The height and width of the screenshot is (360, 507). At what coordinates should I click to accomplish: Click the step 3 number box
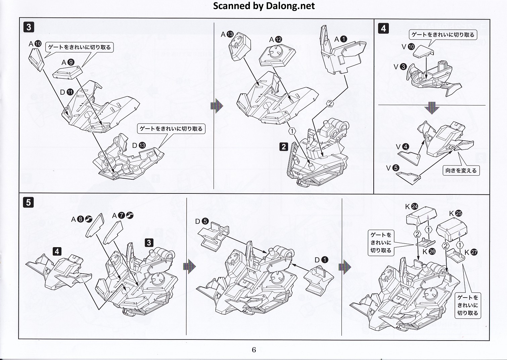pyautogui.click(x=29, y=27)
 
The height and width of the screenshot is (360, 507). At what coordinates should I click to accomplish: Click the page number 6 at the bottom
pyautogui.click(x=254, y=350)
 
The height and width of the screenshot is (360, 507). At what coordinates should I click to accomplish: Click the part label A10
pyautogui.click(x=35, y=44)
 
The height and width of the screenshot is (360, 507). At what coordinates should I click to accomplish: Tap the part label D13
pyautogui.click(x=139, y=145)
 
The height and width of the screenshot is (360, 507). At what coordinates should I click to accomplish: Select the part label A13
pyautogui.click(x=227, y=34)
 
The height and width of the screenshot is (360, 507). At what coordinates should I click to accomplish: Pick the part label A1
pyautogui.click(x=340, y=39)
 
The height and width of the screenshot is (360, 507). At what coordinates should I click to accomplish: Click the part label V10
pyautogui.click(x=408, y=47)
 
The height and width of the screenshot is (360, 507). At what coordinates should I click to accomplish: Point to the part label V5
pyautogui.click(x=392, y=168)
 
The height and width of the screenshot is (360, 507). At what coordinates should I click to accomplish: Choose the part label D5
pyautogui.click(x=202, y=221)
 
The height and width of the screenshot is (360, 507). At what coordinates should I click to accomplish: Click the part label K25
pyautogui.click(x=455, y=213)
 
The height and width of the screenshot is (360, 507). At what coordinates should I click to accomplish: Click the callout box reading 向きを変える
pyautogui.click(x=461, y=171)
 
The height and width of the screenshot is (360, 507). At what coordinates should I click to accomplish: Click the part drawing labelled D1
pyautogui.click(x=319, y=277)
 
